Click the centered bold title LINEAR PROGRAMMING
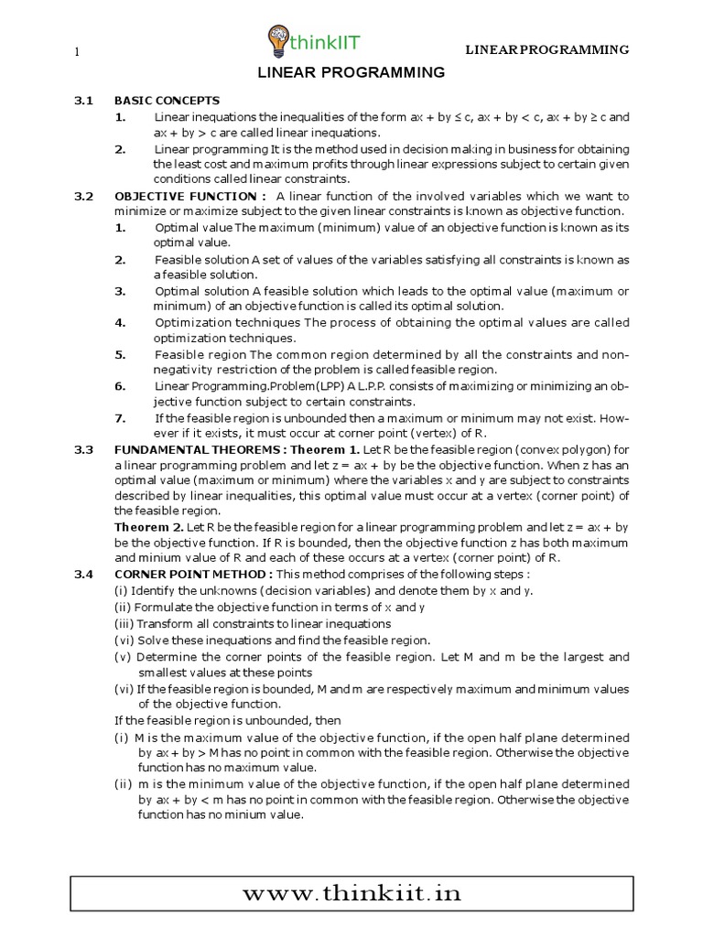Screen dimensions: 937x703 [x=351, y=73]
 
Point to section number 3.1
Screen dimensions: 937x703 [x=84, y=101]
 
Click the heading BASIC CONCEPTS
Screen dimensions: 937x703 [x=167, y=101]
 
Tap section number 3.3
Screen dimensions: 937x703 [x=84, y=449]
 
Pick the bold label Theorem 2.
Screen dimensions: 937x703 [x=146, y=528]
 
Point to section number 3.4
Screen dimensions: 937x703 [x=84, y=574]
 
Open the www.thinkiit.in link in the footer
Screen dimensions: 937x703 [x=351, y=893]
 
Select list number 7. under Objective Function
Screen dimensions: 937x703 [x=121, y=417]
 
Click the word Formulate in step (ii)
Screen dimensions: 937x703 [x=166, y=607]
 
